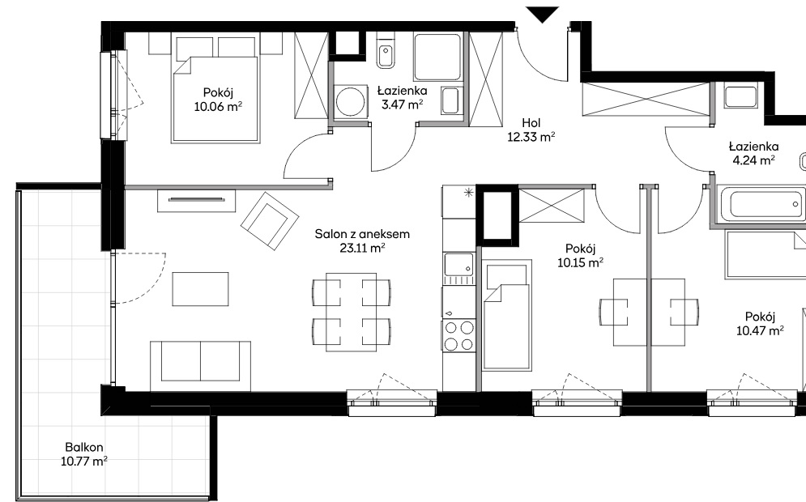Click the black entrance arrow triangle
tap(542, 14)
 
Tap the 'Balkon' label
tap(83, 447)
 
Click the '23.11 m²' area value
tap(362, 249)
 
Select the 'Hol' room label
tap(531, 123)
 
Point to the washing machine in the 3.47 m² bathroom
tap(351, 101)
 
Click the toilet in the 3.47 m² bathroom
tap(385, 50)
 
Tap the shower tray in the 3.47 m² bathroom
tap(437, 57)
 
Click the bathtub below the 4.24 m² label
tap(761, 204)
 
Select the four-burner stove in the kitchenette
tap(459, 335)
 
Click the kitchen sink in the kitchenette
tap(459, 265)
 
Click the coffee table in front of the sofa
tap(200, 289)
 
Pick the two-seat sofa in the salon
tap(200, 365)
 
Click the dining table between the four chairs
tap(351, 313)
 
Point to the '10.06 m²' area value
tap(218, 107)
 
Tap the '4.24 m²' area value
tap(753, 160)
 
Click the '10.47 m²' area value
tap(760, 331)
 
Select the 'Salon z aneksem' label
tap(362, 234)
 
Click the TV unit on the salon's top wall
tap(197, 200)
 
